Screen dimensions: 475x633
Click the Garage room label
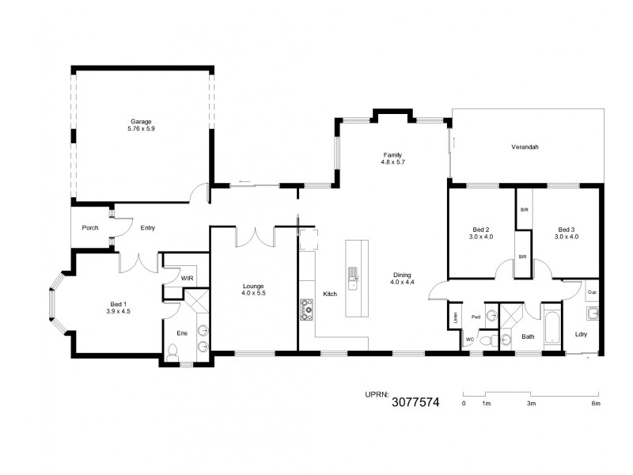click(x=142, y=122)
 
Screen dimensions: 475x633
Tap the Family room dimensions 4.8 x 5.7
click(x=392, y=162)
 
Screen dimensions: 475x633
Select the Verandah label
click(x=525, y=147)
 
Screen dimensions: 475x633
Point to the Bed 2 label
click(x=481, y=229)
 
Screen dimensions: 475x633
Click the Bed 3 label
click(x=567, y=229)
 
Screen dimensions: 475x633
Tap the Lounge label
click(x=253, y=286)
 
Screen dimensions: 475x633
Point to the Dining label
click(x=403, y=275)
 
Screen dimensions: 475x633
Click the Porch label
click(x=90, y=228)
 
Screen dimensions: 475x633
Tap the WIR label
click(x=187, y=278)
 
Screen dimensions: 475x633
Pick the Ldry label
click(x=582, y=334)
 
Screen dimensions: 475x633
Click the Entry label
click(x=147, y=228)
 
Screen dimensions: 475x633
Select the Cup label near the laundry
click(x=591, y=292)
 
